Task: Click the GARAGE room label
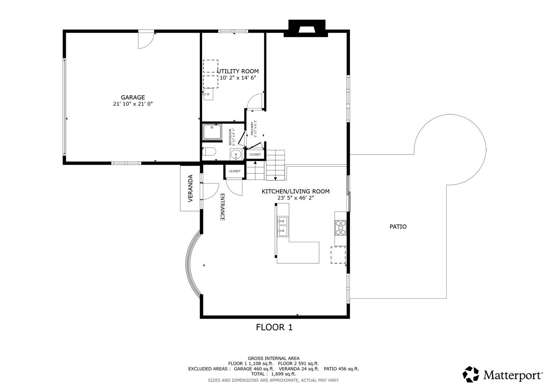133,97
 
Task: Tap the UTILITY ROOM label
238,71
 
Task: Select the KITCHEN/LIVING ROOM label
296,191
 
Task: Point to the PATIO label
398,227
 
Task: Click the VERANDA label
191,188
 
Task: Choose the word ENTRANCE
222,207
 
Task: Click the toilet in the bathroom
209,152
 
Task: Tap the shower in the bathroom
212,132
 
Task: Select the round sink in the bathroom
236,154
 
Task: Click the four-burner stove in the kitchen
340,228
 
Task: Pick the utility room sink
208,94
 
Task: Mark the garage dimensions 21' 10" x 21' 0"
133,104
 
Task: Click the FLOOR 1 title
274,327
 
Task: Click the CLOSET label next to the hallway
255,154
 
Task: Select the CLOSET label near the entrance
235,171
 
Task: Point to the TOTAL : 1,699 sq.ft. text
274,374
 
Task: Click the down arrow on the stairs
275,179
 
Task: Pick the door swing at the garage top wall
146,40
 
